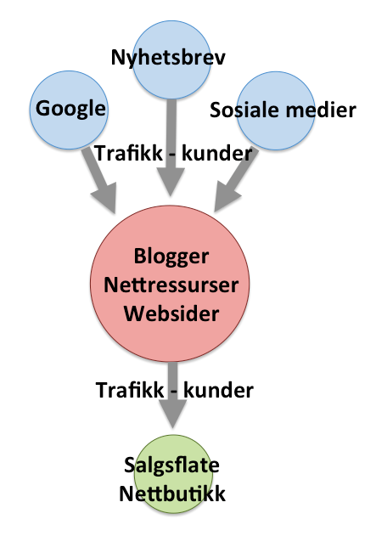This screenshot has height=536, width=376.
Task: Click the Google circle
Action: tap(69, 110)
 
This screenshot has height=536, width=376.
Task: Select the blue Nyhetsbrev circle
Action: tap(171, 59)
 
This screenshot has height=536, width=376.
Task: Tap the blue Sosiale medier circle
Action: tap(275, 110)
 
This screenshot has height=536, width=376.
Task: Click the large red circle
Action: tap(170, 284)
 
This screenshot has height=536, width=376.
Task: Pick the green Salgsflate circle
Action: tap(172, 474)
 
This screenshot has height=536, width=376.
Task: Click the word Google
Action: tap(70, 109)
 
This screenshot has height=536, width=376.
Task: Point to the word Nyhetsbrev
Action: tap(168, 57)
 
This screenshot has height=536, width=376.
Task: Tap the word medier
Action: tap(321, 110)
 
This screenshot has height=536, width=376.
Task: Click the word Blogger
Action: tap(171, 257)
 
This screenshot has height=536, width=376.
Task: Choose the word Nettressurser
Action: tap(171, 285)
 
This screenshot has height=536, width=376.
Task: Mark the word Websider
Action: tap(171, 313)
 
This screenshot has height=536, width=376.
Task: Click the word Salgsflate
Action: tap(171, 465)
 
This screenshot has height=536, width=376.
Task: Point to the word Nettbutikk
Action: tap(172, 494)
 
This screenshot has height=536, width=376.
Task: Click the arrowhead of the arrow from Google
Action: tap(105, 198)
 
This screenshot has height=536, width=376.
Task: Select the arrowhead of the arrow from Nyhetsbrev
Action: tap(171, 182)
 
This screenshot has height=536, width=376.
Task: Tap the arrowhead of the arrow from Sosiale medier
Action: tap(226, 197)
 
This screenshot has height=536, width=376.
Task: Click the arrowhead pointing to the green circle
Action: tap(173, 414)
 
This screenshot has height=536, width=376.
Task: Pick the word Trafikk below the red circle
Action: tap(130, 390)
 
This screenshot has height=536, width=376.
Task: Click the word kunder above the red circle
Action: tap(216, 154)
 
